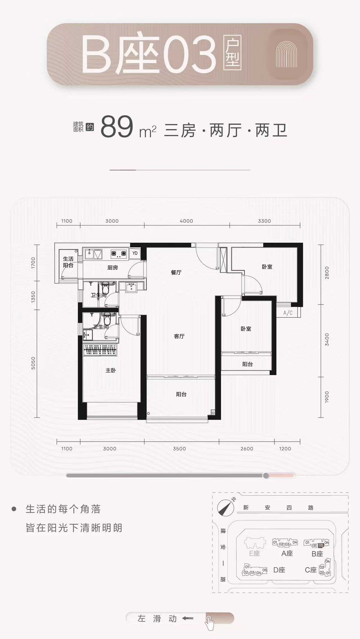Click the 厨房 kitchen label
point(112,267)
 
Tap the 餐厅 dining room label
point(176,272)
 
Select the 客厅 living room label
point(179,336)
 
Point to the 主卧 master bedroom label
point(111,370)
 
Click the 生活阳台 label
point(68,262)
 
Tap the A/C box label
point(288,313)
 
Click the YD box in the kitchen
point(135,253)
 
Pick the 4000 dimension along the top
point(186,221)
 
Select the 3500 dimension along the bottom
point(179,449)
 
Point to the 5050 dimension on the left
point(33,363)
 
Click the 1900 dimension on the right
point(327,397)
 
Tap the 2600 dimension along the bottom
point(247,449)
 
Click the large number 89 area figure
point(117,127)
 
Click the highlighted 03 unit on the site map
point(321,545)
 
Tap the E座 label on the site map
point(255,553)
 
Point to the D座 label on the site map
point(279,570)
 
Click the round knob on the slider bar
point(266,475)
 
